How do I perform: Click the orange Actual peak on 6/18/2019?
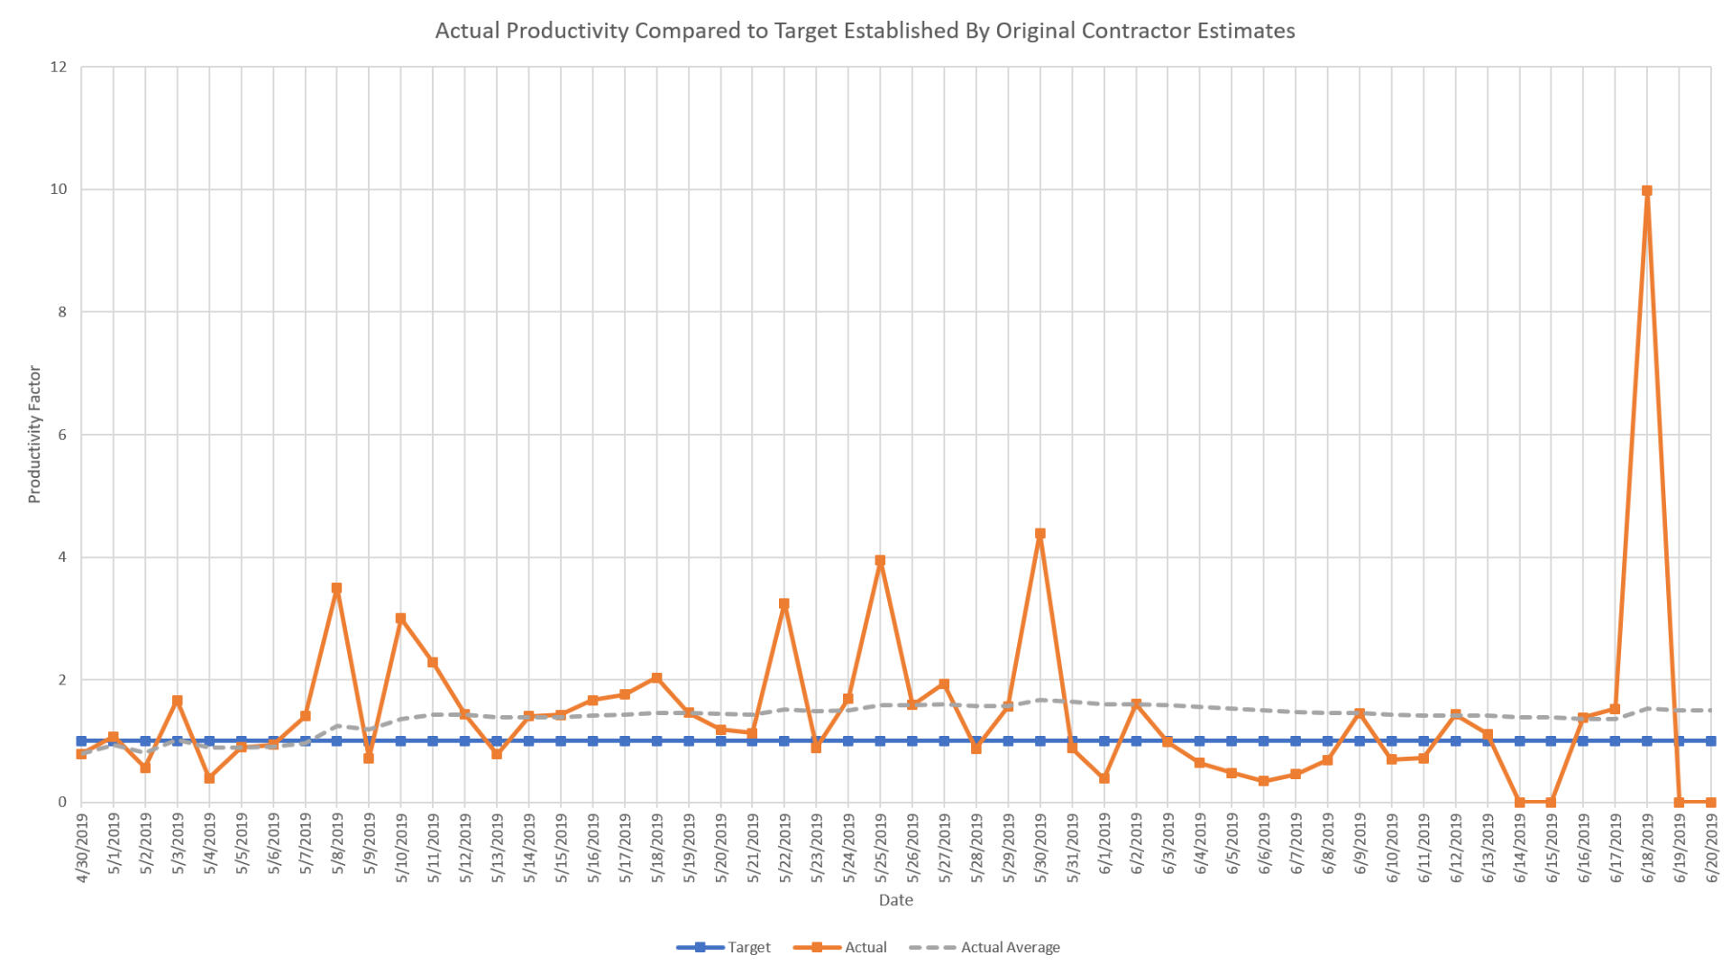1646,191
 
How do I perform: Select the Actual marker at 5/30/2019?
1040,534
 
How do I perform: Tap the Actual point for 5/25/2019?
880,561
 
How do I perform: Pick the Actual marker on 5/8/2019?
336,588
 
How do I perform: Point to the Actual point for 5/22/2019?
784,604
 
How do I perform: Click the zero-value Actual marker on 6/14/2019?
1519,802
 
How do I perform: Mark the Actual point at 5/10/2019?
400,619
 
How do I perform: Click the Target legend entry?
724,947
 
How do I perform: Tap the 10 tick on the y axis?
59,189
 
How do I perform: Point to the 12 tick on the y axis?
59,67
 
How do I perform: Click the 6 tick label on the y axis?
62,435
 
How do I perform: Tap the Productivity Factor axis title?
34,434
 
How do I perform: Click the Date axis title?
895,900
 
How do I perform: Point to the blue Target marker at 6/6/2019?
1264,741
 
